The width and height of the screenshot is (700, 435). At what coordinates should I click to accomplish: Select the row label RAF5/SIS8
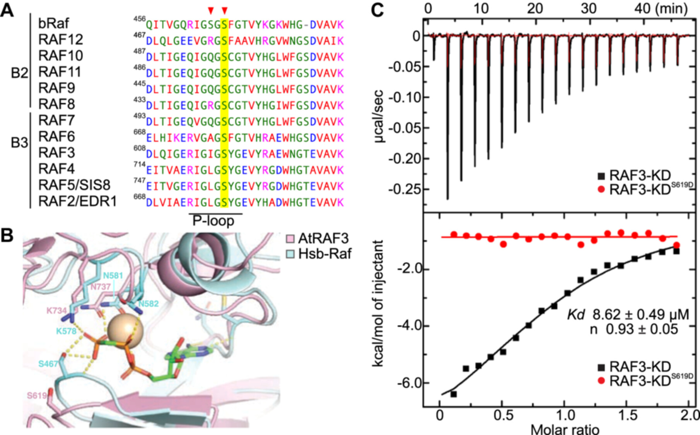click(74, 185)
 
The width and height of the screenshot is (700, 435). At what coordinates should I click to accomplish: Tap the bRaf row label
click(53, 24)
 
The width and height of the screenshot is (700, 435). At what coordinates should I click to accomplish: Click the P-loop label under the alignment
click(213, 221)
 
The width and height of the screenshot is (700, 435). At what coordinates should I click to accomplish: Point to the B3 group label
click(19, 143)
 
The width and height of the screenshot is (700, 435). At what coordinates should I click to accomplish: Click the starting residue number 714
click(139, 165)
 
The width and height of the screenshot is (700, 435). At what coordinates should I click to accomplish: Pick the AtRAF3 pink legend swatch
click(290, 238)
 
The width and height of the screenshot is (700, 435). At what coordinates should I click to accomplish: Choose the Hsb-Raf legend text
click(325, 254)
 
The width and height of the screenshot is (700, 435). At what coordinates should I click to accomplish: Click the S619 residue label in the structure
click(37, 396)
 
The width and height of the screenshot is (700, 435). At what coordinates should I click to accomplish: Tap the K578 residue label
click(66, 331)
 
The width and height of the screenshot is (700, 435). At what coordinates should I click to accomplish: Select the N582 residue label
click(148, 304)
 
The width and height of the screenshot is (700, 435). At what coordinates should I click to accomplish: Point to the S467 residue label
click(48, 364)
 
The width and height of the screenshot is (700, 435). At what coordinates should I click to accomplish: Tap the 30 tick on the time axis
click(588, 8)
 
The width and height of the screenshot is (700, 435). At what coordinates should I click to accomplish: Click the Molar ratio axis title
click(565, 429)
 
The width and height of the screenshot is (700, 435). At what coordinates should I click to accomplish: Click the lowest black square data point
click(453, 394)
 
